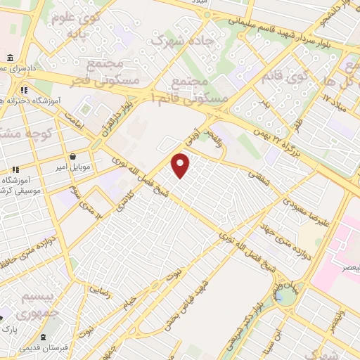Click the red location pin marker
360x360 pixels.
[x=181, y=165]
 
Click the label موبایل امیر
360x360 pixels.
[x=73, y=168]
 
